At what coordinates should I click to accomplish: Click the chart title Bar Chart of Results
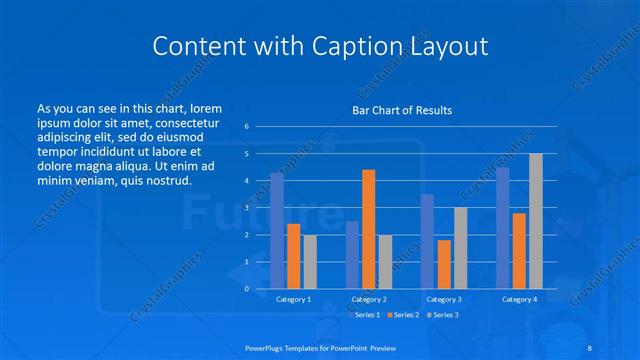[x=401, y=110]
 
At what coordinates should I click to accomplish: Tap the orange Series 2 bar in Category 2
[x=369, y=229]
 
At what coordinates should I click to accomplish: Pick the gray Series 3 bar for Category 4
[x=536, y=221]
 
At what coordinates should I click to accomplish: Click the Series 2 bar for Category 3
[x=444, y=264]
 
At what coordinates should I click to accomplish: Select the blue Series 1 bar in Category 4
[x=503, y=227]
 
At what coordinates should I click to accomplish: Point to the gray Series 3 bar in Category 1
[x=310, y=261]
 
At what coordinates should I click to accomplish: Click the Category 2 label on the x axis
[x=368, y=299]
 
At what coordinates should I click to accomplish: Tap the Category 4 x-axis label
[x=519, y=299]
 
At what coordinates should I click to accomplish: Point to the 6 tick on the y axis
[x=247, y=127]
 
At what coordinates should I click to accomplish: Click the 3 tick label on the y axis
[x=247, y=208]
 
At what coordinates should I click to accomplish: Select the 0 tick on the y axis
[x=247, y=289]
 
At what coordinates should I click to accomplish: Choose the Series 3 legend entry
[x=444, y=315]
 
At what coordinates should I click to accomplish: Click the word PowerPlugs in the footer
[x=267, y=345]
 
